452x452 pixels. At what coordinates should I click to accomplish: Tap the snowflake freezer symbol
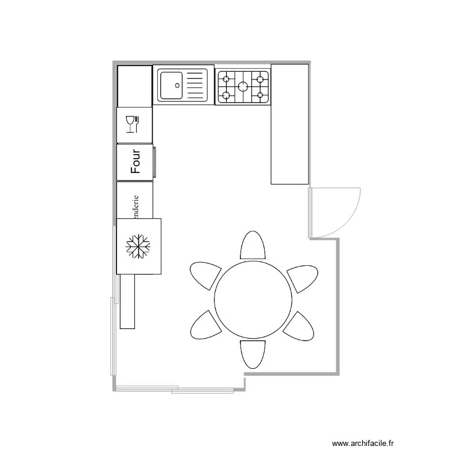coord(138,246)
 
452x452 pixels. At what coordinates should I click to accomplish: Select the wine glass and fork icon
coord(132,124)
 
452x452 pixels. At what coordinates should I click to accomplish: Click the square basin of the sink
coord(171,84)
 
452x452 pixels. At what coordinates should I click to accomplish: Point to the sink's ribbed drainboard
coord(196,84)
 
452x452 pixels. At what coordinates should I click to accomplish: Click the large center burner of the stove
coord(243,86)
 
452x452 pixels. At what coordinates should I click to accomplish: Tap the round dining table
coord(253,300)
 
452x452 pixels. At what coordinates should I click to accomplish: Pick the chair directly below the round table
coord(253,353)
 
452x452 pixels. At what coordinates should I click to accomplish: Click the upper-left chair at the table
coord(205,275)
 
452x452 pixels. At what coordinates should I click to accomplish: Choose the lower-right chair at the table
coord(299,327)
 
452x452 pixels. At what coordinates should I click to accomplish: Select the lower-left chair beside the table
coord(206,327)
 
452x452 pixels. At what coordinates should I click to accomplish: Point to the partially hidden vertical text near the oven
coord(136,206)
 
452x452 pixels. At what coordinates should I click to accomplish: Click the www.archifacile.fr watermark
coord(373,442)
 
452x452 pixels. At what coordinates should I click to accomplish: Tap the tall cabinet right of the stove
coord(290,124)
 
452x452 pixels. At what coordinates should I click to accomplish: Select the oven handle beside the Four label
coord(154,162)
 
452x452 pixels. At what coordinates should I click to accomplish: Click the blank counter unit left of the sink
coord(134,86)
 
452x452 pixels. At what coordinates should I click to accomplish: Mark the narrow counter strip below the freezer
coord(127,301)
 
